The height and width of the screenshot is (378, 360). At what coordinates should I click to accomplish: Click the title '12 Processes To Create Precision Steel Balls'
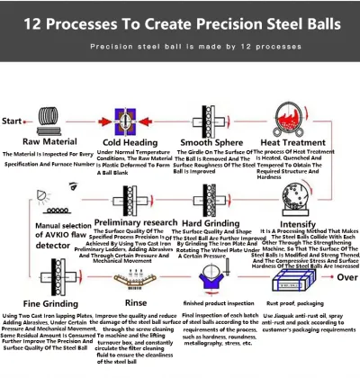(180, 21)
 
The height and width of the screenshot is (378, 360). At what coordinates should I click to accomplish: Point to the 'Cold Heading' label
(132, 142)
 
